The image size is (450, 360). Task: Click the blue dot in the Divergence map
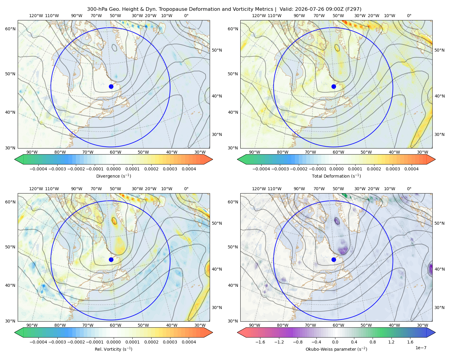click(111, 86)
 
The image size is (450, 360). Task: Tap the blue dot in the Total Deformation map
click(334, 86)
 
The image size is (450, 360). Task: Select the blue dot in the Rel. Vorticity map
click(111, 259)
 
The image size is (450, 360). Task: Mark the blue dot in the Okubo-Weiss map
click(334, 259)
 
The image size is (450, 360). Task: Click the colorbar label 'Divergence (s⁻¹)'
click(113, 176)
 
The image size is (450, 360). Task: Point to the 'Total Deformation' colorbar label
click(336, 176)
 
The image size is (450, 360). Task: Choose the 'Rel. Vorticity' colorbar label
click(113, 349)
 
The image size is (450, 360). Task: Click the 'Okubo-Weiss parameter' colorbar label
click(336, 349)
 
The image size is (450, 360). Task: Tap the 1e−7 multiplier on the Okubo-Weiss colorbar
click(421, 348)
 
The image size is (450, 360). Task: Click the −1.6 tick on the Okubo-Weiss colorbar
click(260, 342)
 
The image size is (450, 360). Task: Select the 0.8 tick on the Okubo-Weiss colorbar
click(373, 342)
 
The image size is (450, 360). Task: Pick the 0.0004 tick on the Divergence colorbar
click(189, 169)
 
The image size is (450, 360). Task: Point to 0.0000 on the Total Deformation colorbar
click(336, 169)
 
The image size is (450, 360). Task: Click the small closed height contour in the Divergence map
click(114, 48)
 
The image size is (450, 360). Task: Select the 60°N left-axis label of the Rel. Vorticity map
click(10, 202)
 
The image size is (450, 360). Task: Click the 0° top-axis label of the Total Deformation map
click(409, 16)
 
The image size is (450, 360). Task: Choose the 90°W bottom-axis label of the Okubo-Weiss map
click(254, 325)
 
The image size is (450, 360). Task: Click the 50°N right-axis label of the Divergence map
click(217, 50)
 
